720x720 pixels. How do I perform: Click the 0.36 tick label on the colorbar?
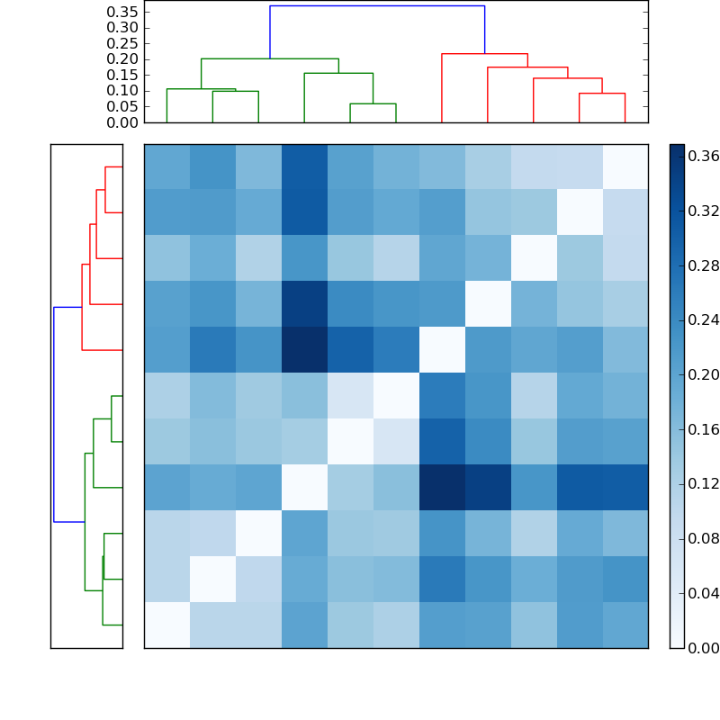(704, 157)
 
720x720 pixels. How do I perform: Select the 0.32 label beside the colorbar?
(704, 211)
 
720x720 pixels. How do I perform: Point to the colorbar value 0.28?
(704, 266)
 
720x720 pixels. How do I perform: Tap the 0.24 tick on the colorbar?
(704, 320)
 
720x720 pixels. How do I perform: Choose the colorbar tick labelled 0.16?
(704, 429)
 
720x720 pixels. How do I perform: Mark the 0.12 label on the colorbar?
(704, 484)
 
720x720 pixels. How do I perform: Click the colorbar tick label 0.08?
(704, 539)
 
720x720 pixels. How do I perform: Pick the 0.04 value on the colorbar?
(704, 593)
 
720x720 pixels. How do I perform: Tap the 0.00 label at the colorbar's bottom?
(704, 648)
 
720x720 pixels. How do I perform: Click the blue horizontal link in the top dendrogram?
(377, 6)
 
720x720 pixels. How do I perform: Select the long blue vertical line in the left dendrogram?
(54, 414)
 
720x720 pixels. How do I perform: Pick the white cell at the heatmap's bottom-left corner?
(166, 625)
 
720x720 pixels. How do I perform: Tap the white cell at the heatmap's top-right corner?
(625, 166)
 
